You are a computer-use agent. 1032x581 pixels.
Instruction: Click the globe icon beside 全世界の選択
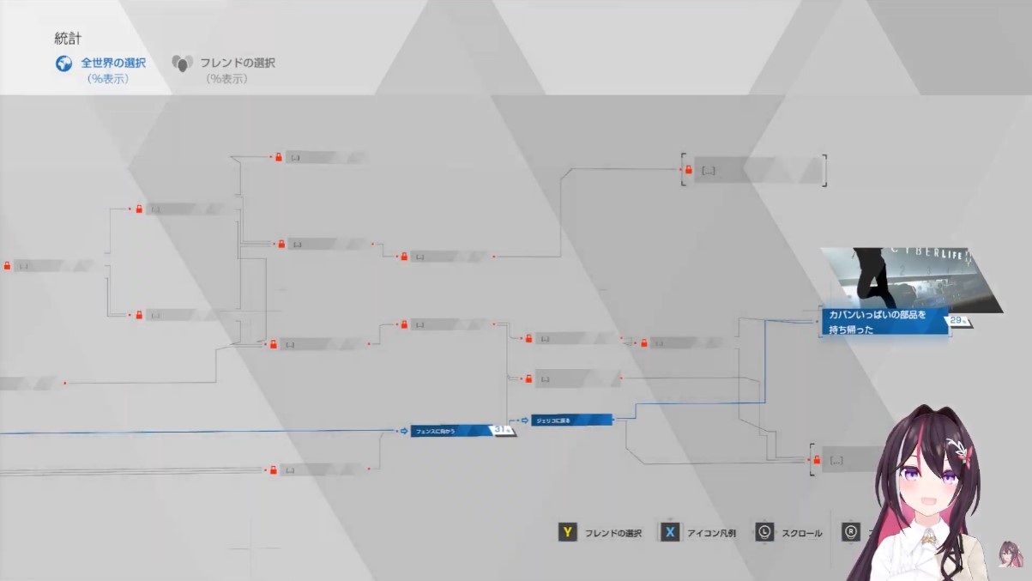click(x=63, y=64)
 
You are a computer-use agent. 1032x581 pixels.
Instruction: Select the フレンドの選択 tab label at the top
click(x=238, y=63)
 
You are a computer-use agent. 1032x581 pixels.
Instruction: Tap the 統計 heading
click(x=68, y=39)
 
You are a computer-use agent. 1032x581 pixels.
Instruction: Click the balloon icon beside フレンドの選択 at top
click(x=182, y=64)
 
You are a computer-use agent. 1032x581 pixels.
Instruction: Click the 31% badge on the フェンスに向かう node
click(x=503, y=430)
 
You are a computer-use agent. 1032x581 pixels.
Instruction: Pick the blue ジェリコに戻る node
click(x=570, y=420)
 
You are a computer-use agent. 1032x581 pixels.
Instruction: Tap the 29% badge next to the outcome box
click(x=959, y=321)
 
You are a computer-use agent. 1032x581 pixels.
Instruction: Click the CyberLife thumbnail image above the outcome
click(x=909, y=277)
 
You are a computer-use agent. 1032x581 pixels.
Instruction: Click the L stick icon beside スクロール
click(x=764, y=533)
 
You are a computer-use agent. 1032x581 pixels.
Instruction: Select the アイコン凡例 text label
click(x=711, y=534)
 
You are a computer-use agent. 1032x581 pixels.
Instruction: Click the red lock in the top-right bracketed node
click(x=688, y=170)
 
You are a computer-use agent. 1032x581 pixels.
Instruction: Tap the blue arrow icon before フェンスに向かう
click(x=403, y=431)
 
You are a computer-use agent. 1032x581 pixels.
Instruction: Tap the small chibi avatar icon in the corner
click(x=1012, y=554)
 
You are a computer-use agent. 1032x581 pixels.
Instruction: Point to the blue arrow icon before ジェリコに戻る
click(x=524, y=420)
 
